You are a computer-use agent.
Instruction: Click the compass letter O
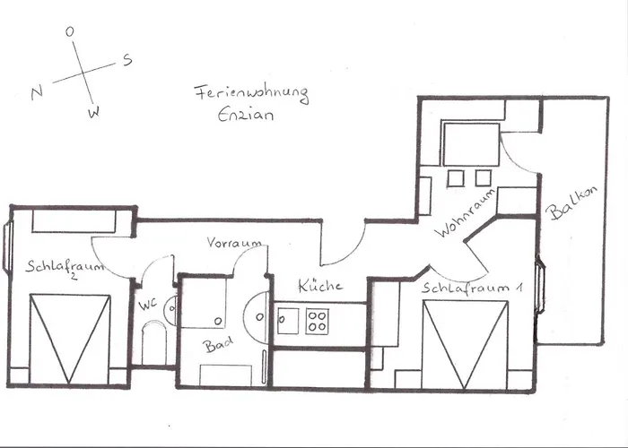70,31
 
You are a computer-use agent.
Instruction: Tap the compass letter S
127,60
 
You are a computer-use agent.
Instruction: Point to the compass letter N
37,93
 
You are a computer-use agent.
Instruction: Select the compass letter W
93,113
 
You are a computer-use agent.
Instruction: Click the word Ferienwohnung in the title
251,94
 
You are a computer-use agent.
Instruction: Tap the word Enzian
246,115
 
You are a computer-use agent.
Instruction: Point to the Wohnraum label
467,215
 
